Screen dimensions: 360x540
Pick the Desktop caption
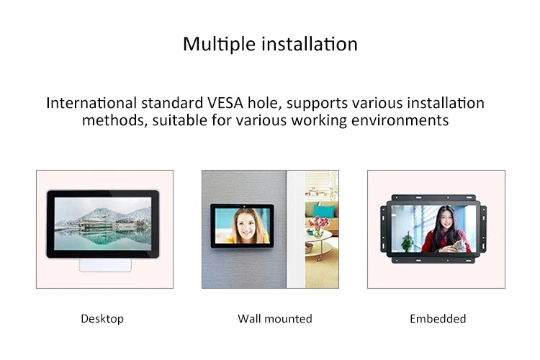(x=102, y=318)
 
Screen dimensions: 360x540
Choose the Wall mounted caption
(x=275, y=318)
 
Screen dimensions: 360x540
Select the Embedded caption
(x=438, y=318)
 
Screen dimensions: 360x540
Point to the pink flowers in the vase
(x=317, y=222)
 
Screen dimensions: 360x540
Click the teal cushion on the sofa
(x=326, y=210)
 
